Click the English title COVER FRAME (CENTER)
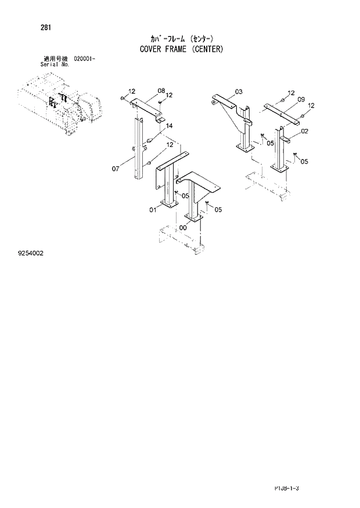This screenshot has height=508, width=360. click(x=181, y=49)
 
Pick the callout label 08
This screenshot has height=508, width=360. click(x=161, y=91)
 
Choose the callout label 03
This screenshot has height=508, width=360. click(x=239, y=92)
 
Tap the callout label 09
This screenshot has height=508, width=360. click(x=301, y=100)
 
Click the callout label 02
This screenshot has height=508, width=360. click(x=304, y=131)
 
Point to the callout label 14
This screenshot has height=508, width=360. click(x=169, y=126)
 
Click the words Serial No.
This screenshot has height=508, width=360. click(x=55, y=64)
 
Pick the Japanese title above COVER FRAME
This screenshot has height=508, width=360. click(x=181, y=39)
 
